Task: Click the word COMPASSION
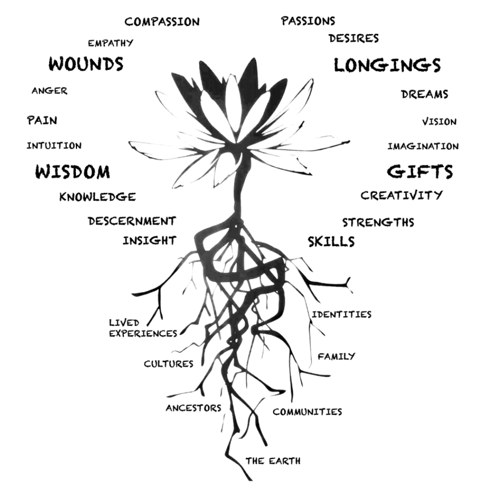pos(162,22)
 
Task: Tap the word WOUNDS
pos(86,64)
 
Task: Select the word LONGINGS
pos(387,65)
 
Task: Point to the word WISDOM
pos(73,172)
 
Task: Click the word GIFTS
pos(420,171)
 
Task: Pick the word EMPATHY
pos(110,43)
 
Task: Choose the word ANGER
pos(49,91)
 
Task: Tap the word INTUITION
pos(54,146)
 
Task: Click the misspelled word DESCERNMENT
pos(131,221)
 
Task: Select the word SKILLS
pos(331,241)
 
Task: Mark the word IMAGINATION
pos(423,146)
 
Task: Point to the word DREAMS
pos(424,95)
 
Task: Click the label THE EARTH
pos(273,460)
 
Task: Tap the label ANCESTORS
pos(193,407)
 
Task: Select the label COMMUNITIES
pos(307,412)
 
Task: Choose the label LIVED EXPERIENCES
pos(142,328)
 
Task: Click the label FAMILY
pos(336,356)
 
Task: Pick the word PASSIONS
pos(308,21)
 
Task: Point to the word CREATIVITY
pos(401,195)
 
